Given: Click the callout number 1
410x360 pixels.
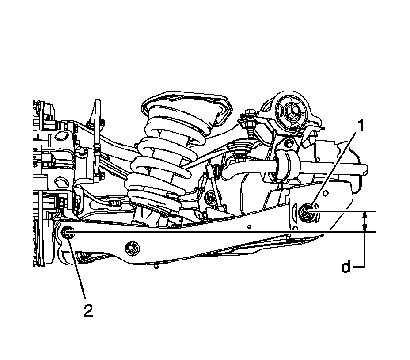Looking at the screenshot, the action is point(361,125).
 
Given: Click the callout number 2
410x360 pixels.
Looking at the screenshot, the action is point(88,311).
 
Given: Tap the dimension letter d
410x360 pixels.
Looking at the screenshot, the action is point(346,267).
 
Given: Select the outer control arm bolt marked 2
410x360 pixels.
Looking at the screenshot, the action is point(67,232).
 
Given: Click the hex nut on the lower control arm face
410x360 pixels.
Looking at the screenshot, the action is point(132,248).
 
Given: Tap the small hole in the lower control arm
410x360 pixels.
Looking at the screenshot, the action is point(249,226).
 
